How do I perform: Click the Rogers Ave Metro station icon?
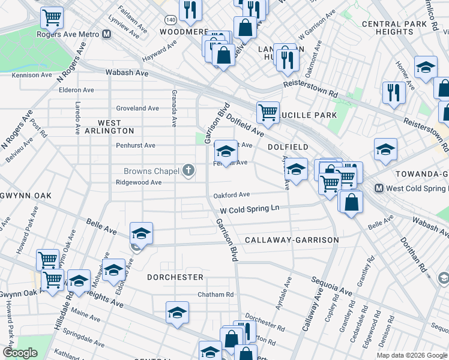pos(106,34)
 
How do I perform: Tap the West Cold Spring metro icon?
pos(379,188)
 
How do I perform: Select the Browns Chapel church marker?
pos(188,172)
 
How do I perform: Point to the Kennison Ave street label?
pos(31,75)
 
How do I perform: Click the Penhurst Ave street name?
pos(136,145)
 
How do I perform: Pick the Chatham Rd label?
pos(216,295)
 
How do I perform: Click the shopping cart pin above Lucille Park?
pos(267,110)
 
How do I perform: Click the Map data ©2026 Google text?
pos(412,355)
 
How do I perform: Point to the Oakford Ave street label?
pos(232,195)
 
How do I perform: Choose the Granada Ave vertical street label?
pos(174,109)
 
